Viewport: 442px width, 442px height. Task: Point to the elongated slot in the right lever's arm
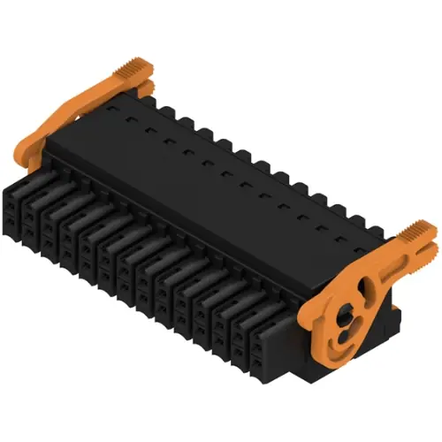pos(376,265)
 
